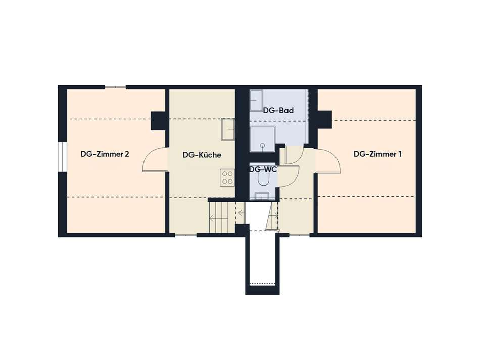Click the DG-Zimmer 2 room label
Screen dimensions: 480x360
(x=105, y=154)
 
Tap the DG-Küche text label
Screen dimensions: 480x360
(x=202, y=155)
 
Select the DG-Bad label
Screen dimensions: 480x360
(x=278, y=110)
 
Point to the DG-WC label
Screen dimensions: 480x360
(x=263, y=169)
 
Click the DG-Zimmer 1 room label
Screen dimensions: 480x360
(x=377, y=154)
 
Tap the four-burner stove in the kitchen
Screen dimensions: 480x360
(x=227, y=177)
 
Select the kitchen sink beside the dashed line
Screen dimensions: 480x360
(x=228, y=129)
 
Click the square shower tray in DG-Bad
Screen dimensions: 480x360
(x=262, y=139)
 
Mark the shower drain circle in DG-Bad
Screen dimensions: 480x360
(x=262, y=145)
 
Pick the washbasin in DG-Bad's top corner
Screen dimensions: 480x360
(x=256, y=101)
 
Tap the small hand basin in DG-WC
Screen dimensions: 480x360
(x=262, y=196)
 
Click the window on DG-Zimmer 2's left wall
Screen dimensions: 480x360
(x=62, y=157)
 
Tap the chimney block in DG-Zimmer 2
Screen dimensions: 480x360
(x=158, y=121)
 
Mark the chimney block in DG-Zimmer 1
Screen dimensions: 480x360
(x=324, y=120)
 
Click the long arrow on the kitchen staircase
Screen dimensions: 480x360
(x=219, y=218)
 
